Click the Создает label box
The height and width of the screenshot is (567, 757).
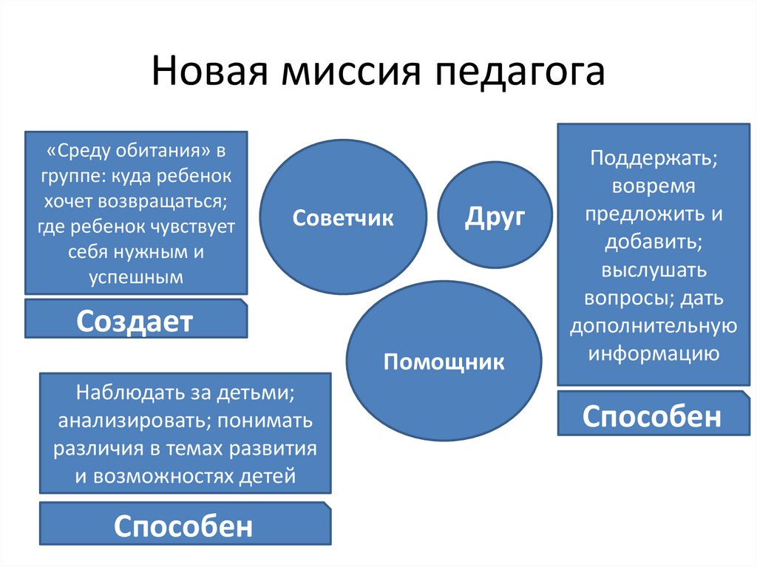135,321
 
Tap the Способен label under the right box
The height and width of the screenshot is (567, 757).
651,416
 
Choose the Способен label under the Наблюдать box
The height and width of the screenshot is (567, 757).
183,526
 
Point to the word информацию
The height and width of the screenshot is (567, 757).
654,353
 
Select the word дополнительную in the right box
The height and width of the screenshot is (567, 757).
653,325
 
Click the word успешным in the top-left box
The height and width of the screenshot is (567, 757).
135,277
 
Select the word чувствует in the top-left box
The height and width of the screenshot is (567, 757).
192,227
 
